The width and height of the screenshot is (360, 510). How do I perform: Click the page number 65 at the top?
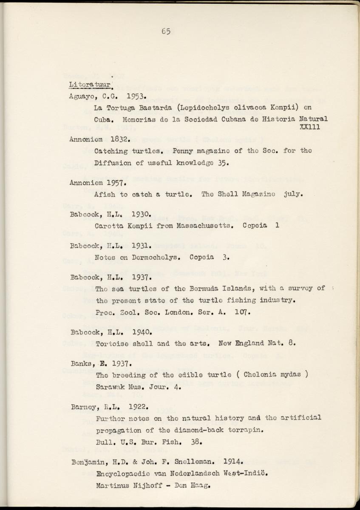(166, 31)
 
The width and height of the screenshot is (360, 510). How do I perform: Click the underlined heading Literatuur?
(90, 84)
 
